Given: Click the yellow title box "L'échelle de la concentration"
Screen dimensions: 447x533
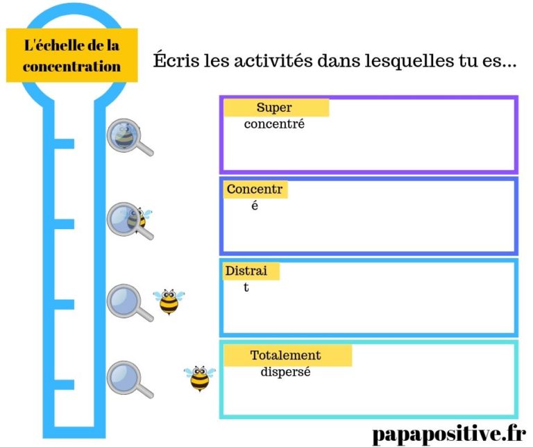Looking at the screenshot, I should click(71, 55).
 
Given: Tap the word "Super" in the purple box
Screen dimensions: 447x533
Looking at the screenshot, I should click(274, 108).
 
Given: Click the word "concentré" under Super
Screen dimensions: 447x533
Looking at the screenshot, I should click(274, 125).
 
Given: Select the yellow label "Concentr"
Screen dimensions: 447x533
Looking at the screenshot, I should click(255, 189).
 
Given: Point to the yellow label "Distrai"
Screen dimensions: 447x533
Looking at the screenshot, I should click(251, 270).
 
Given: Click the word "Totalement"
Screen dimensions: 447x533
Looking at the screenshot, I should click(285, 355).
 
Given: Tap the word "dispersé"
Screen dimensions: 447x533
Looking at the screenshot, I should click(285, 372).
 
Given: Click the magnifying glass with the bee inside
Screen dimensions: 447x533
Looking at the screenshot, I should click(126, 135).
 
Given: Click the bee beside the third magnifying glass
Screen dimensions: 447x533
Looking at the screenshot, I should click(169, 301).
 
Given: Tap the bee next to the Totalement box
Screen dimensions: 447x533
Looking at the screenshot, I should click(199, 378).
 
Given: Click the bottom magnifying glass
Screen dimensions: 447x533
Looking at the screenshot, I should click(127, 378).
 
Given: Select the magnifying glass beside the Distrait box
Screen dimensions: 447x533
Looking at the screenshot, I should click(127, 302).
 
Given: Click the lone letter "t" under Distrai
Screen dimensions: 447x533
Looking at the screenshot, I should click(246, 287).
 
